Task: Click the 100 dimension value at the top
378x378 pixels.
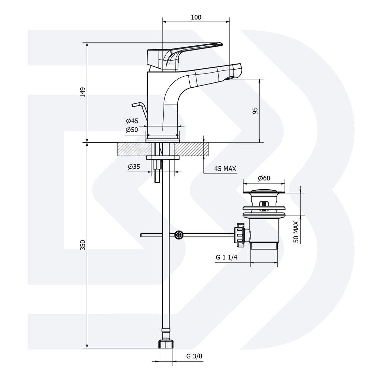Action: pyautogui.click(x=196, y=18)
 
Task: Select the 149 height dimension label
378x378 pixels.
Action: pyautogui.click(x=83, y=92)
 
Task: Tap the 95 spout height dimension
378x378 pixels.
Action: pyautogui.click(x=255, y=111)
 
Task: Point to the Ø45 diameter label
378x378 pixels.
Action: pyautogui.click(x=132, y=121)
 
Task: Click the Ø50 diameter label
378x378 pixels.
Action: pyautogui.click(x=132, y=130)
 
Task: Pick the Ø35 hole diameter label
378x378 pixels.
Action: pyautogui.click(x=134, y=167)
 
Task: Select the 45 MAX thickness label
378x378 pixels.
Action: pyautogui.click(x=225, y=169)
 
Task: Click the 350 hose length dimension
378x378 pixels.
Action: pyautogui.click(x=83, y=245)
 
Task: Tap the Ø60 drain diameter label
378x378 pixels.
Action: pyautogui.click(x=264, y=178)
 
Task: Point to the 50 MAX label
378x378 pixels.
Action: pyautogui.click(x=296, y=232)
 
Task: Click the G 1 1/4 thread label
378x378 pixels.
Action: pyautogui.click(x=227, y=257)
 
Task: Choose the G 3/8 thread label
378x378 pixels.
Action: pyautogui.click(x=194, y=356)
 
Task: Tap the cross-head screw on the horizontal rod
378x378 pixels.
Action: pyautogui.click(x=179, y=235)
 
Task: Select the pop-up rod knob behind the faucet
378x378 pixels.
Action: pyautogui.click(x=136, y=104)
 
